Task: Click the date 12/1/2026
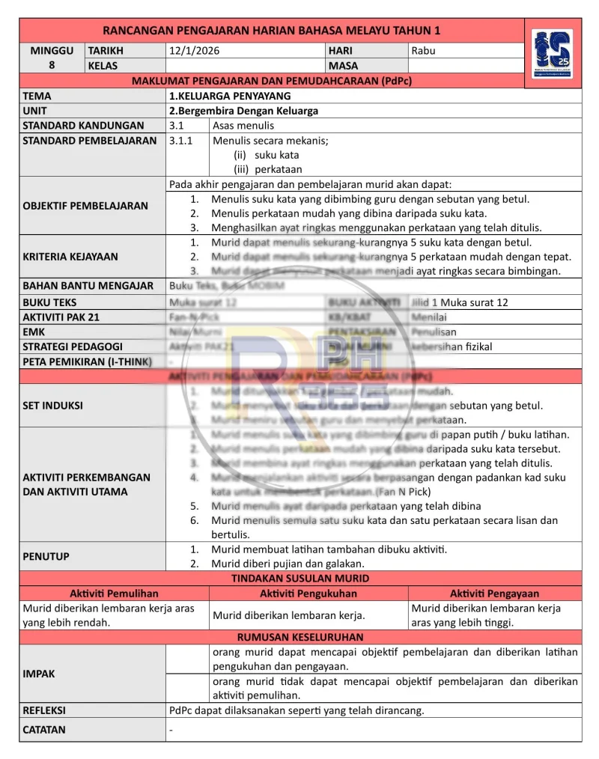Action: [195, 51]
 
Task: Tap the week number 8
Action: [52, 66]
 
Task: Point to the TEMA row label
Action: [37, 96]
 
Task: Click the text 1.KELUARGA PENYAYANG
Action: [230, 96]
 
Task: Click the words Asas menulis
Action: [243, 126]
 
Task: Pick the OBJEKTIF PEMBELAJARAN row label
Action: [85, 206]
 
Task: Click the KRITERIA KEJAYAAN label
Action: [70, 257]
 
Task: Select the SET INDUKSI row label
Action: [53, 406]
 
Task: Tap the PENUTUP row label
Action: [46, 556]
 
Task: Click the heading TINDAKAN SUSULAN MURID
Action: [300, 579]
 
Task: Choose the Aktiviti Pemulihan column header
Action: [114, 594]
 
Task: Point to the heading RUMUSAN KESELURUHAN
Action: [300, 638]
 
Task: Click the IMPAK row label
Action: [39, 674]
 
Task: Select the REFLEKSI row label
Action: [44, 710]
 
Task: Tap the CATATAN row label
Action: [44, 730]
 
